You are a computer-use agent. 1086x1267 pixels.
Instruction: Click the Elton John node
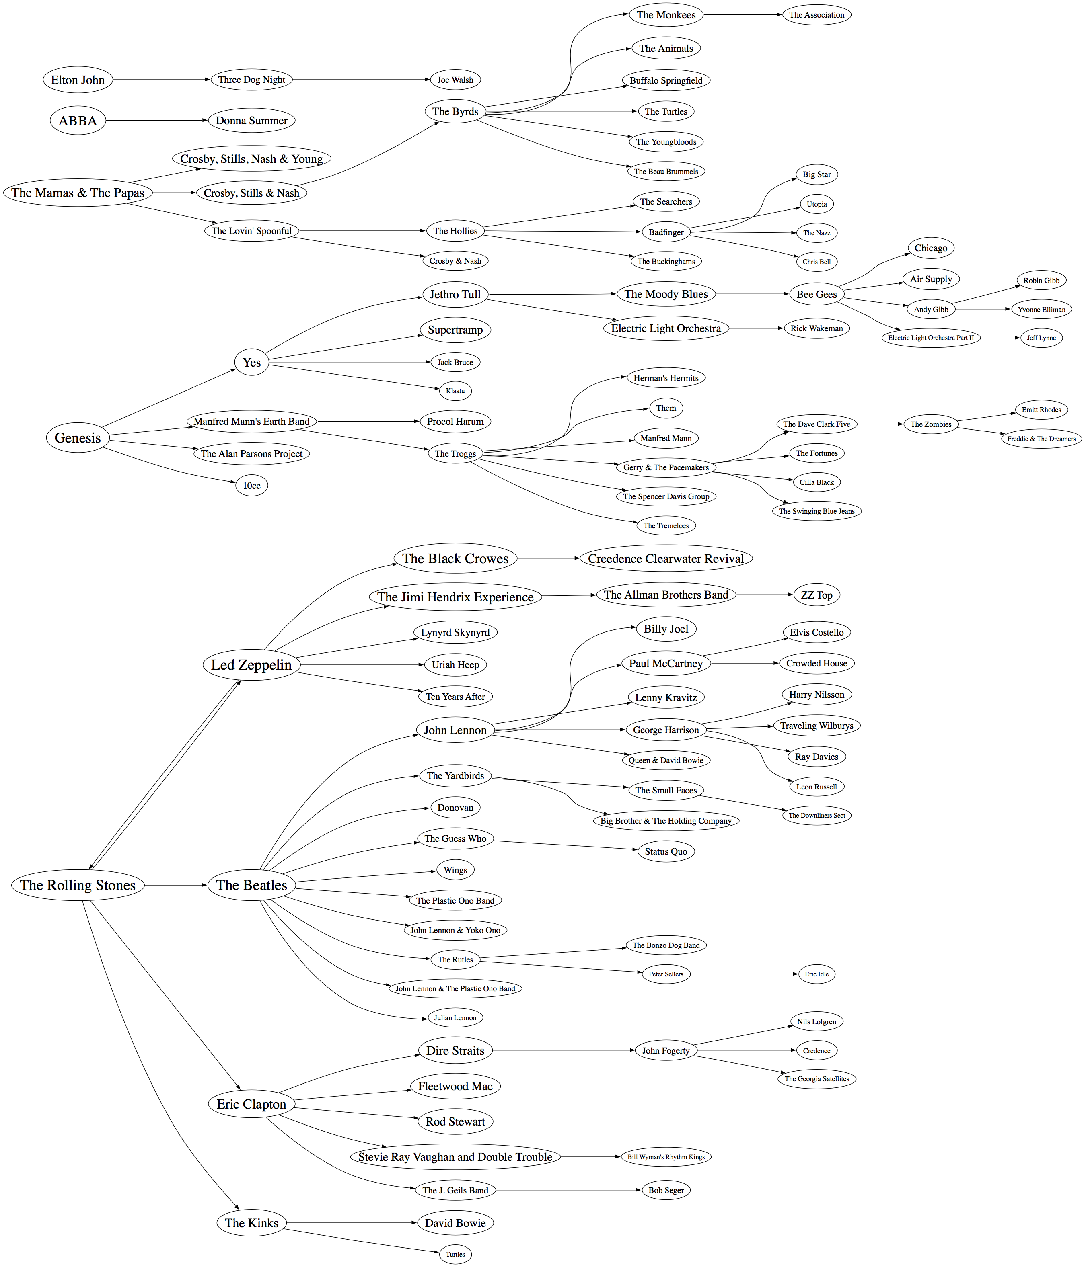tap(78, 80)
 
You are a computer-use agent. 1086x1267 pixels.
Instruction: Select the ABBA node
tap(78, 121)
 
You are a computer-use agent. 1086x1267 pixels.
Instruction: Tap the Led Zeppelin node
tap(251, 665)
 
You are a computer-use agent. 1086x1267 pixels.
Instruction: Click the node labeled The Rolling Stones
tap(78, 885)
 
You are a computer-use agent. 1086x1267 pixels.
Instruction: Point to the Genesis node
tap(78, 438)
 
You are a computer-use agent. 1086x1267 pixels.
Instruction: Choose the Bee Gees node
tap(816, 294)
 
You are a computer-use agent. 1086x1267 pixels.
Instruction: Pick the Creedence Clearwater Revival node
tap(666, 558)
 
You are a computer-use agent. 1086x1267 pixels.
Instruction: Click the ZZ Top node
tap(816, 595)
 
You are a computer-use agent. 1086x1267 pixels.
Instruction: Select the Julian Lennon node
tap(455, 1017)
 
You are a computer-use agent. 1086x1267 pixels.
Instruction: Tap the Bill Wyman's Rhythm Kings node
tap(666, 1157)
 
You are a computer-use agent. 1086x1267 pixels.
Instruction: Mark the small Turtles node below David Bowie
tap(455, 1254)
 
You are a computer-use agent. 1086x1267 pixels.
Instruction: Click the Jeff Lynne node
tap(1041, 338)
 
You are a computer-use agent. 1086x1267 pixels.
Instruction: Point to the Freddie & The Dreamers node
tap(1041, 439)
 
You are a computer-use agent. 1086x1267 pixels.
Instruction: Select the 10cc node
tap(251, 486)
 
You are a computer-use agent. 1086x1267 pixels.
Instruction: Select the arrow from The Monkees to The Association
tap(743, 15)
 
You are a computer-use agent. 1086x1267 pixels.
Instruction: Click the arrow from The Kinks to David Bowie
tap(352, 1223)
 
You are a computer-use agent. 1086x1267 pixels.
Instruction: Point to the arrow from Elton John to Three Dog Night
tap(162, 80)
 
